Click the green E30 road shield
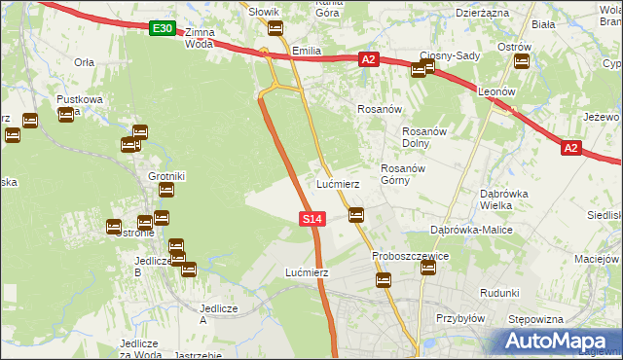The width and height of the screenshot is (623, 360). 163,30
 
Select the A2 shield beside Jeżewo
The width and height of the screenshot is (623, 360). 571,148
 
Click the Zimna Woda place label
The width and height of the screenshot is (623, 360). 199,38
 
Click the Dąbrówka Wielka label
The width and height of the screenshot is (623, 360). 504,198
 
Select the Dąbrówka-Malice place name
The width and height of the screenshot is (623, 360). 471,230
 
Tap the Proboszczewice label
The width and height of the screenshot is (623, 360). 410,257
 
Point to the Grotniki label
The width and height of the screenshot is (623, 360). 166,176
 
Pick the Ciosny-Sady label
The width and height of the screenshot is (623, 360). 450,55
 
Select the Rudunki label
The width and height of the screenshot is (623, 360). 498,292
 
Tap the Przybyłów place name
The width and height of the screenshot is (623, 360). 460,317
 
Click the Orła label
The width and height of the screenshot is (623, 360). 84,60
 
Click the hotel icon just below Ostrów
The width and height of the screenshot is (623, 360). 521,62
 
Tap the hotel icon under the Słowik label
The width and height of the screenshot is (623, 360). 275,27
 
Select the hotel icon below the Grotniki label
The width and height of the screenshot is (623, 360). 166,191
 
